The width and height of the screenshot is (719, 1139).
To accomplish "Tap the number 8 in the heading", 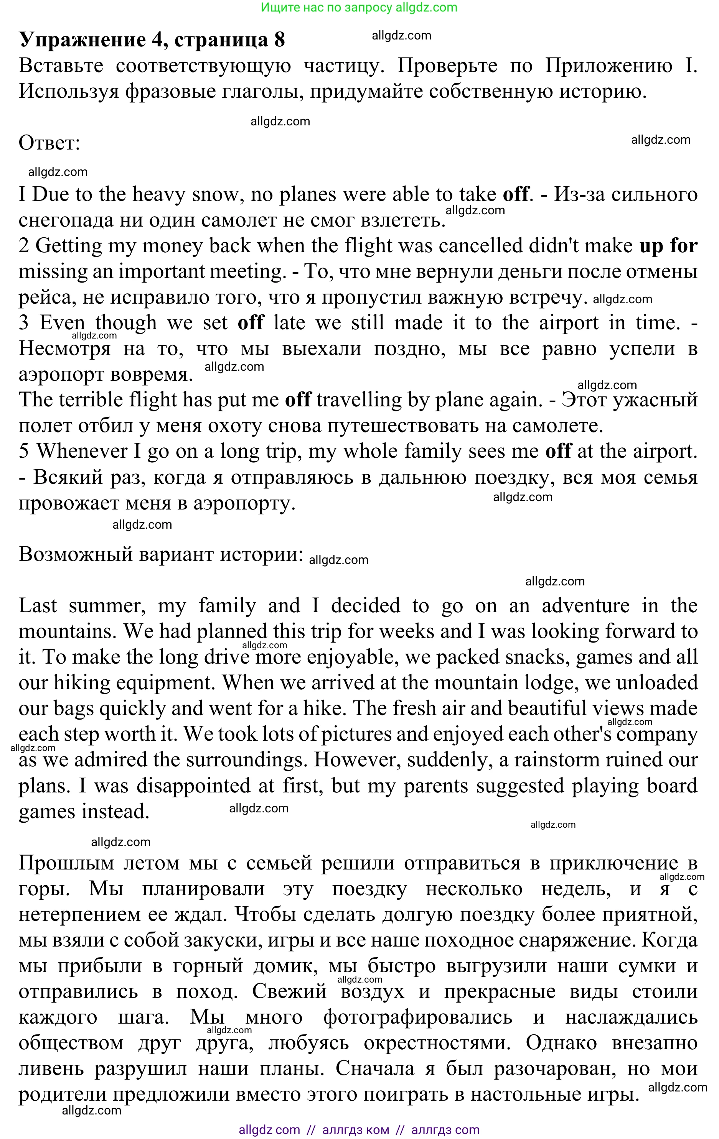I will [279, 40].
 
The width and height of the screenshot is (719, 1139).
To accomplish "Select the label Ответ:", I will [49, 143].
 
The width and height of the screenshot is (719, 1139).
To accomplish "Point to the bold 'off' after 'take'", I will [515, 194].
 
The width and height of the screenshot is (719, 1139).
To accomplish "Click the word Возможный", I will [76, 554].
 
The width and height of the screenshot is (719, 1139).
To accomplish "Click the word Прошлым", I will [66, 863].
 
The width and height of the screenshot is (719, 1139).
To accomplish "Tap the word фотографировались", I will [417, 1017].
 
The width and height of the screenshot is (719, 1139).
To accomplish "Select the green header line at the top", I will [359, 7].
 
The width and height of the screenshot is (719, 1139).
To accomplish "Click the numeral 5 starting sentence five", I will [24, 451].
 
